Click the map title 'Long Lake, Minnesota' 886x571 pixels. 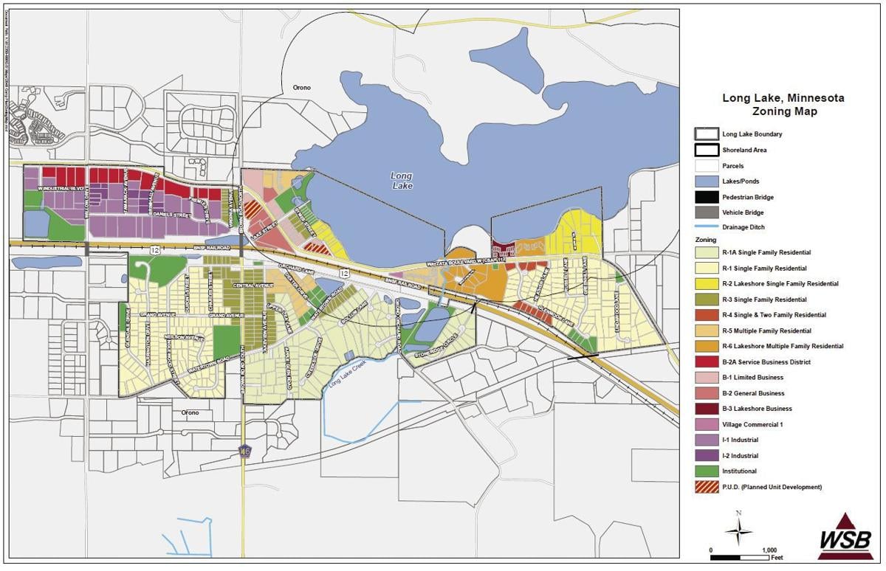[x=783, y=98]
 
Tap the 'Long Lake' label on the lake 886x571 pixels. [x=402, y=181]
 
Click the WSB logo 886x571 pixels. [x=845, y=536]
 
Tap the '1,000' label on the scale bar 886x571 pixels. [x=769, y=550]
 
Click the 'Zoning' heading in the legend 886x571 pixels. [x=705, y=240]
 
